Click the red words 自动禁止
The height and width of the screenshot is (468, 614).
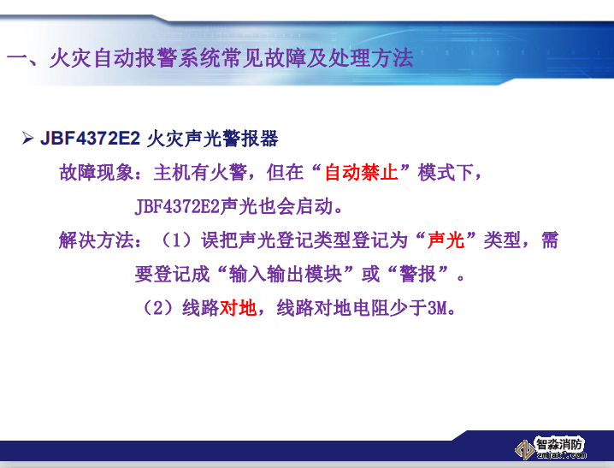click(x=361, y=173)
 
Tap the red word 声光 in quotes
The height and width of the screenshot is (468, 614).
click(x=445, y=240)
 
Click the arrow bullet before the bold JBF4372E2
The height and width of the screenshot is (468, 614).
click(x=27, y=138)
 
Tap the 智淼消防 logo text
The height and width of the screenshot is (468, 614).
click(x=560, y=443)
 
